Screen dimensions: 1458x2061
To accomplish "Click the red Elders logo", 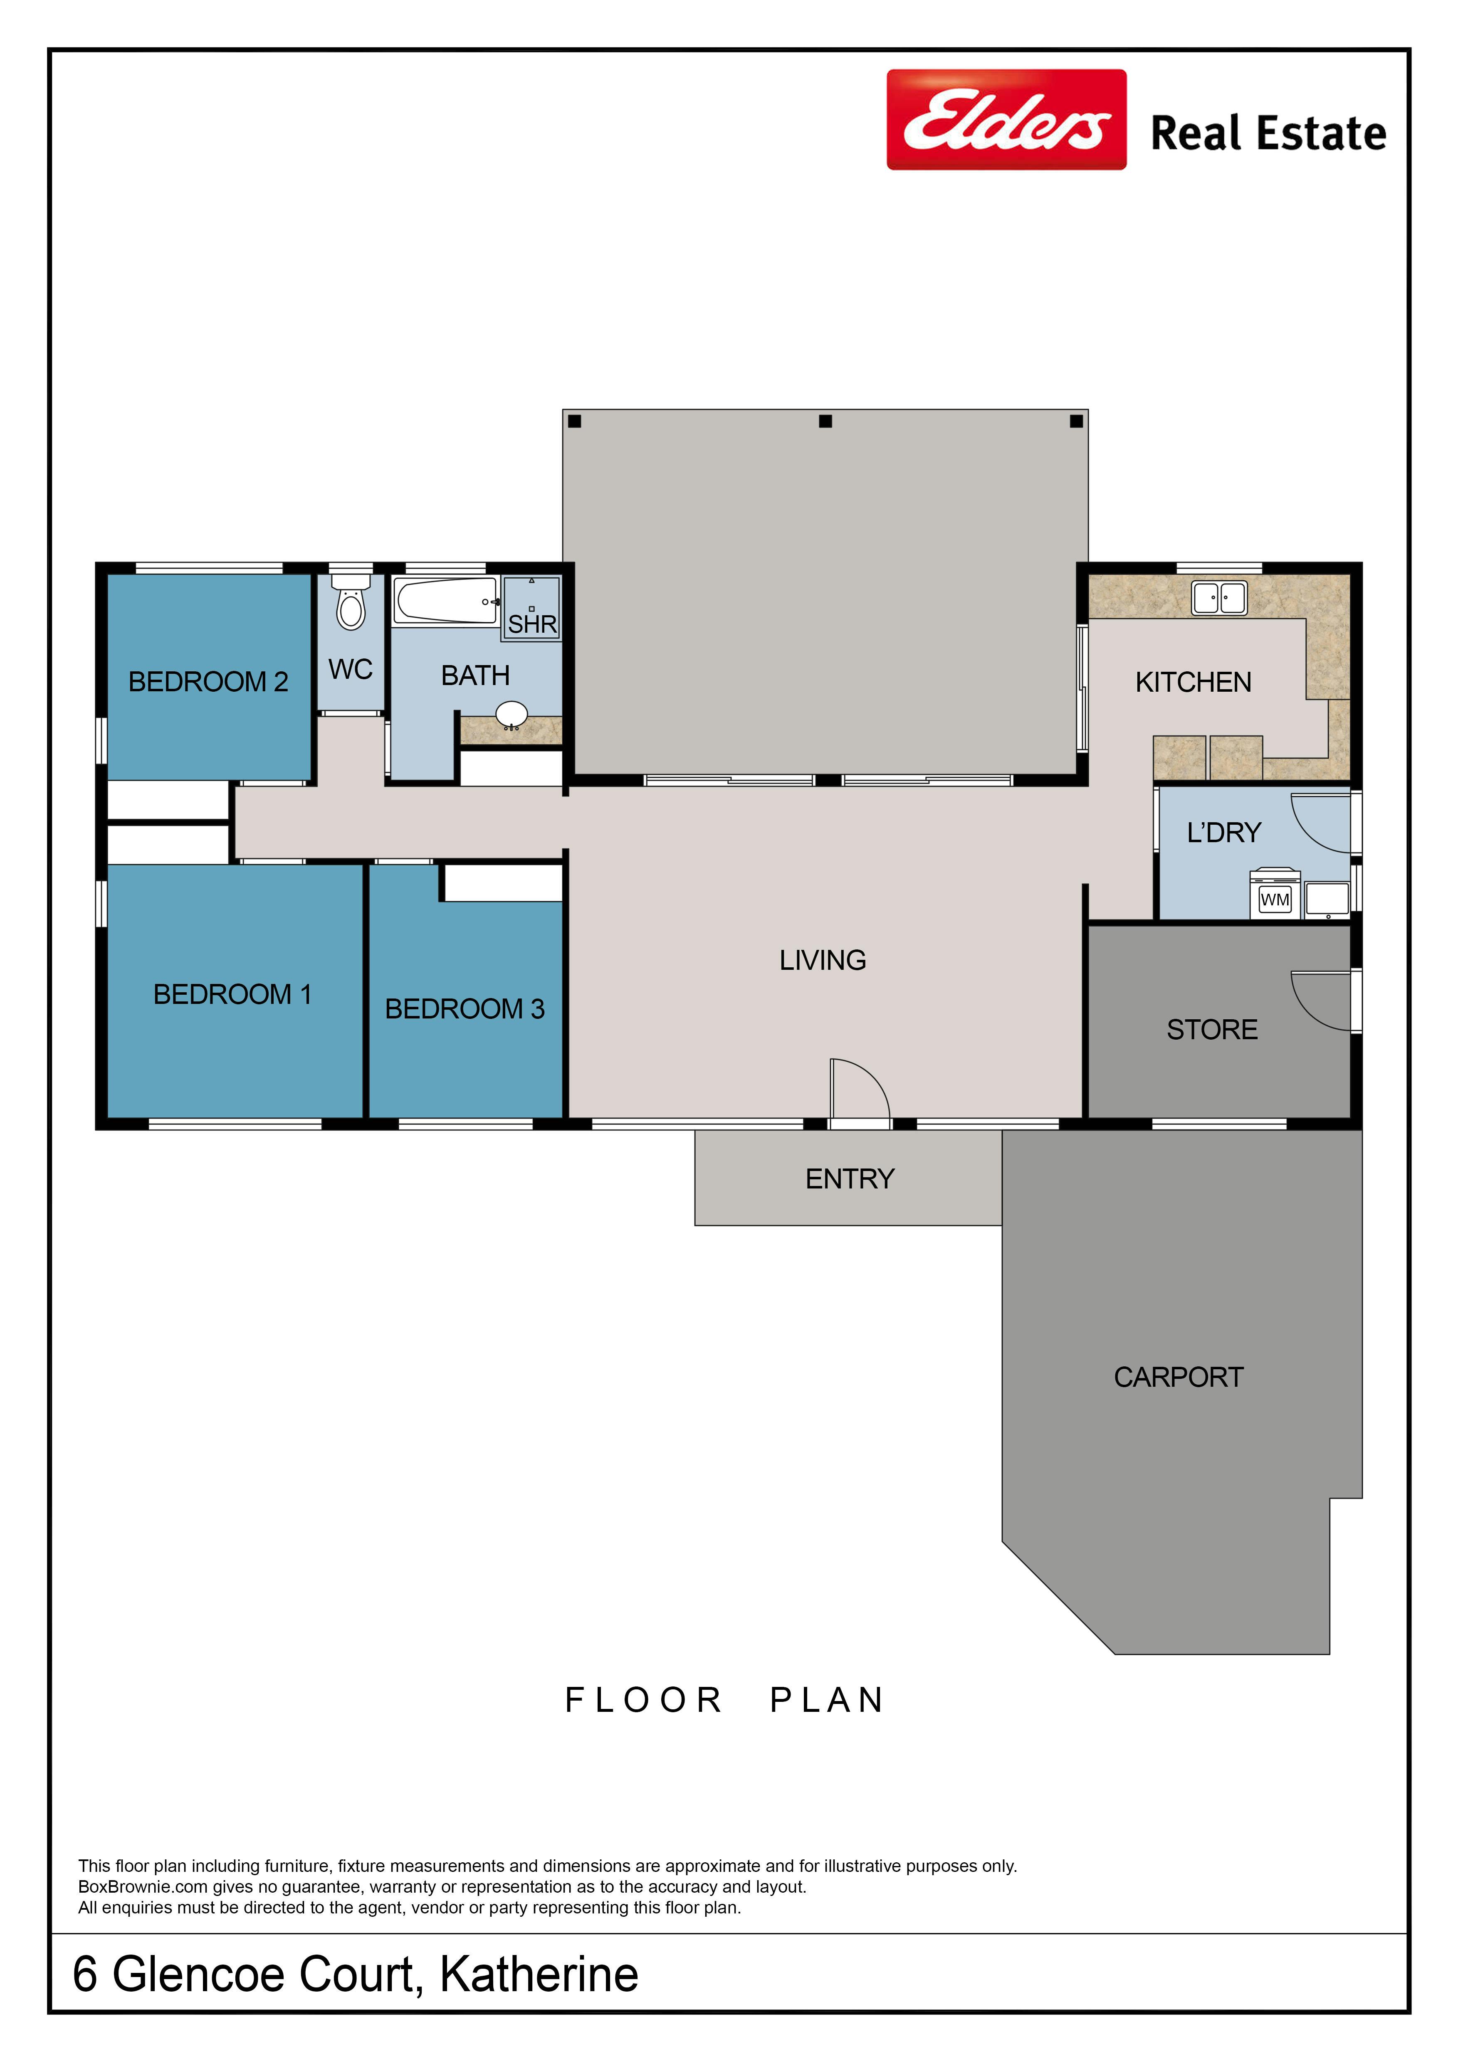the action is pos(1006,119).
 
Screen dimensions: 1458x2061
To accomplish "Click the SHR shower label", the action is pos(532,624).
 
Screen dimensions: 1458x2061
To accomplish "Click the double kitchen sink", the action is pos(1219,598).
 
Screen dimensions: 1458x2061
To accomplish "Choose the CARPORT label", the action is pos(1179,1377).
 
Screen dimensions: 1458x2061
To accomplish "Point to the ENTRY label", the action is pos(850,1178).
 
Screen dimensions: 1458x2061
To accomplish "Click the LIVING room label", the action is pos(823,961).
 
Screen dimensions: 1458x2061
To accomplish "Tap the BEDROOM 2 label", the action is pos(208,682).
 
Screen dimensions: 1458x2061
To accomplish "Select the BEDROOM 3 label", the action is pos(465,1009).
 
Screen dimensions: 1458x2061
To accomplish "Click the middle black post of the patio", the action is pos(825,421).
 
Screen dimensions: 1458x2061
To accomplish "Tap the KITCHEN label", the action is pos(1193,682).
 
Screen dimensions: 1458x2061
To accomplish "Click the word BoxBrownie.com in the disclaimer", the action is pos(143,1887).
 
